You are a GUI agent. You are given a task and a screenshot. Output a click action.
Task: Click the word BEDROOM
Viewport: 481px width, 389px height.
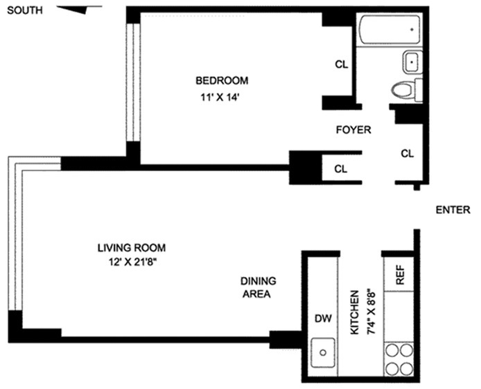(221, 80)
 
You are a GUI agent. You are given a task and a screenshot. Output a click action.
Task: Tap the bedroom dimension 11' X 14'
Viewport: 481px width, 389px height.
(221, 98)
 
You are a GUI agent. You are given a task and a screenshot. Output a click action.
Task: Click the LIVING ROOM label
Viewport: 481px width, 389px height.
(132, 247)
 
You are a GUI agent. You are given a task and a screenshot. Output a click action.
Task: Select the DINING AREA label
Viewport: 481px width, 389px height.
(258, 287)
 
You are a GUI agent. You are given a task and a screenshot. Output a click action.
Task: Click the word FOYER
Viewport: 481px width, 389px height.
(353, 129)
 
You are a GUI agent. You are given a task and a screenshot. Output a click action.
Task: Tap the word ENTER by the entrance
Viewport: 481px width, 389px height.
(453, 210)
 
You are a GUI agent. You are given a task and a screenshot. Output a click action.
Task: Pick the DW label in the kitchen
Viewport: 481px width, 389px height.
(322, 319)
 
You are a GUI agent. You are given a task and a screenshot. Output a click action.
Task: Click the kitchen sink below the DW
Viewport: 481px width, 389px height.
(322, 355)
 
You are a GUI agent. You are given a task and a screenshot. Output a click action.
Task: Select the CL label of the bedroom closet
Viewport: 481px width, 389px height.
(340, 64)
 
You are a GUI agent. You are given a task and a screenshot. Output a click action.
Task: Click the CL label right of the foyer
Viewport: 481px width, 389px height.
(407, 154)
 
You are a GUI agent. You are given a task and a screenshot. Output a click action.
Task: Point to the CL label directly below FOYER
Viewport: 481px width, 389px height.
(340, 168)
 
